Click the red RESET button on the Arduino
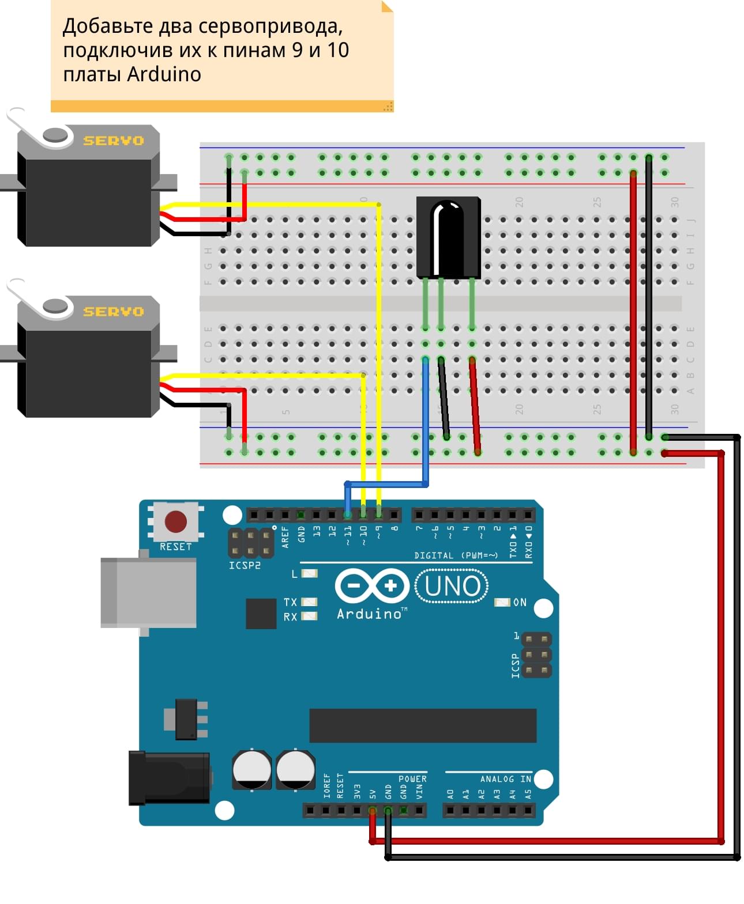pos(175,522)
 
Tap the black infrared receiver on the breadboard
pos(448,236)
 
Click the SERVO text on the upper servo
pos(113,141)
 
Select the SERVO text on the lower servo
pos(113,312)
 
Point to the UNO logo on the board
pos(452,586)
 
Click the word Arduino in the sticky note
pos(164,74)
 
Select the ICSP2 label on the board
pos(245,565)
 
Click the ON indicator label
pos(520,602)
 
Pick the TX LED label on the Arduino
pos(290,602)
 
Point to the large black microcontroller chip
pos(423,725)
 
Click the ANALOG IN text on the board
pos(505,779)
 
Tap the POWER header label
pos(412,779)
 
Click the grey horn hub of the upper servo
pos(55,135)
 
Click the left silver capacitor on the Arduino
pos(251,770)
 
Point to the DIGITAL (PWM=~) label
pos(456,555)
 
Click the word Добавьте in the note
pos(107,27)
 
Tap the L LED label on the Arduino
pos(294,574)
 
